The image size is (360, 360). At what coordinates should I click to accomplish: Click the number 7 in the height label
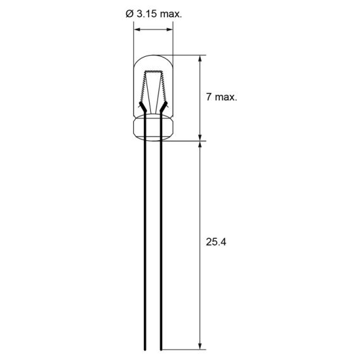coord(209,97)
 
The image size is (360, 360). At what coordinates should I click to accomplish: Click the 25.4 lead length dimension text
coord(215,242)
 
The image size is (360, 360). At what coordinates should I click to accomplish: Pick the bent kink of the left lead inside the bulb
coord(142,109)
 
